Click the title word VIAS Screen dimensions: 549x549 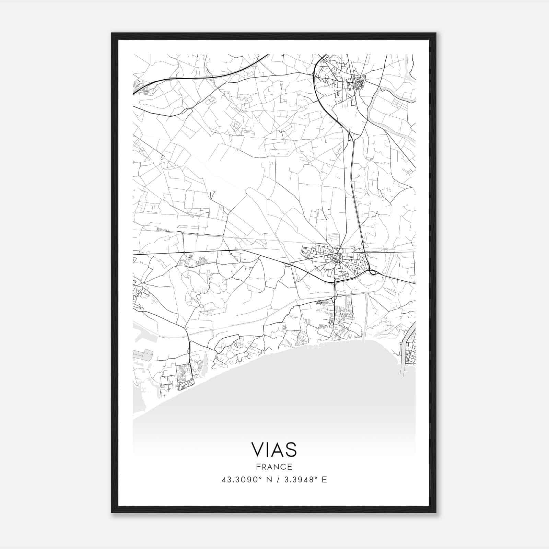click(x=274, y=449)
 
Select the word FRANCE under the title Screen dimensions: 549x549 click(x=274, y=467)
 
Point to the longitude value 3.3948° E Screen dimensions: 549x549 click(x=304, y=480)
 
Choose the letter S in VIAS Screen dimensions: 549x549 click(x=291, y=449)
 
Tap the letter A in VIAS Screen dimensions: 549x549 click(x=278, y=449)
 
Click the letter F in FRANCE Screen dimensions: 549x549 click(x=258, y=467)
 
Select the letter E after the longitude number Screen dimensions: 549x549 click(x=324, y=480)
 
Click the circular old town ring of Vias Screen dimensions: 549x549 click(x=337, y=258)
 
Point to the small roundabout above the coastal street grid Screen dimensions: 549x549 click(x=189, y=364)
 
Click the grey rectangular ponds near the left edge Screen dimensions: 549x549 click(x=143, y=355)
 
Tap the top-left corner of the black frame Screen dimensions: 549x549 click(x=112, y=33)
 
